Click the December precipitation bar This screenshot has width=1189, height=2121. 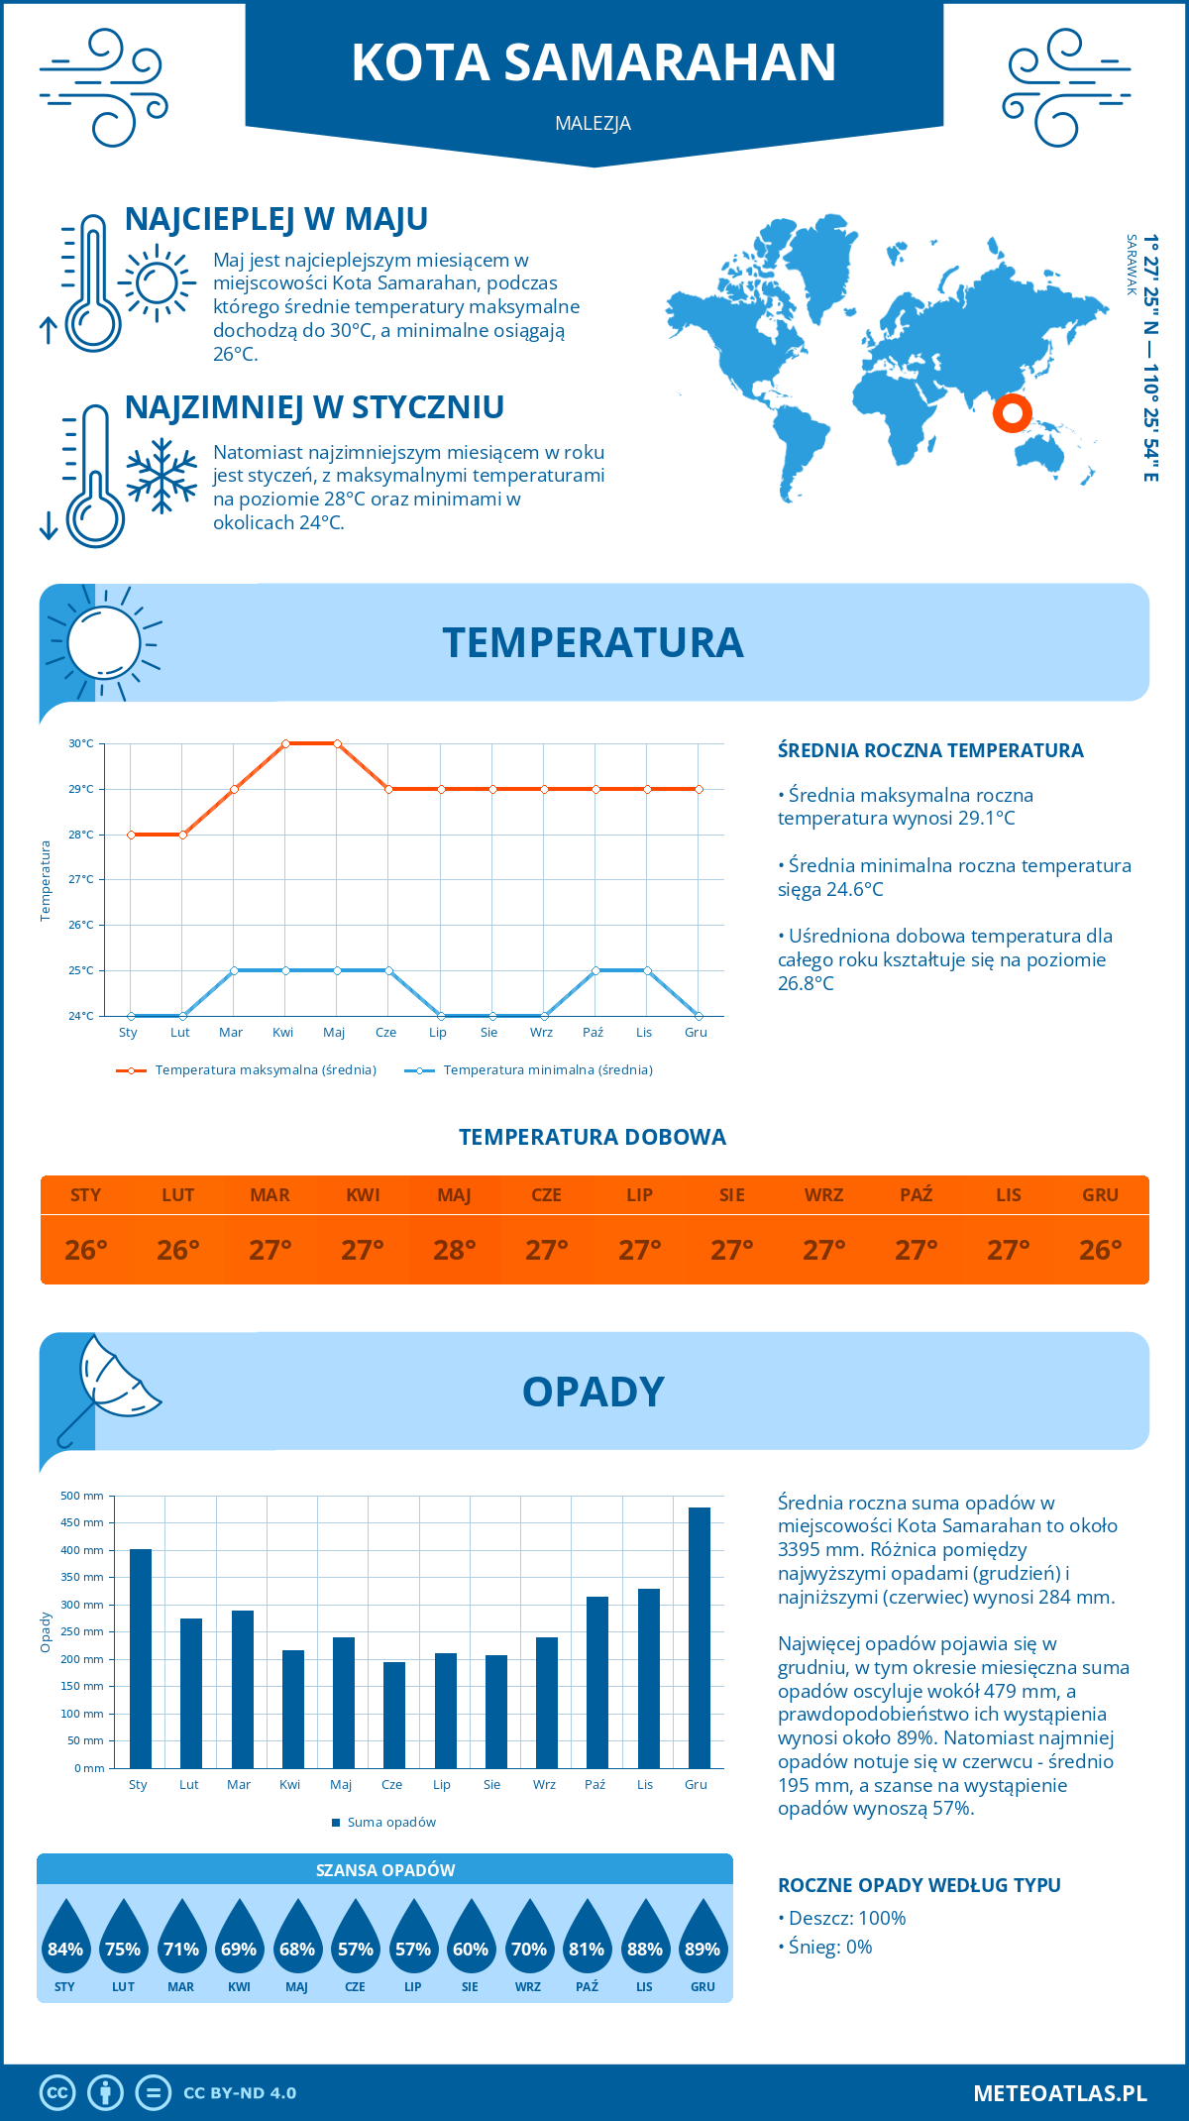(x=700, y=1637)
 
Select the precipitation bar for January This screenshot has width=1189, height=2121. (x=141, y=1658)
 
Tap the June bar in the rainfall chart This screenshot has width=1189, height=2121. (x=394, y=1715)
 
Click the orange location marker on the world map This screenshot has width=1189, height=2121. (x=1012, y=412)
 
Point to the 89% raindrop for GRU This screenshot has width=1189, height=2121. (x=703, y=1938)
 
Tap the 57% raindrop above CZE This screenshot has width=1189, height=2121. (x=355, y=1938)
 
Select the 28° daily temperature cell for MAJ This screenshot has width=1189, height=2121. (x=455, y=1250)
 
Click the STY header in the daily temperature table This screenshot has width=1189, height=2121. (x=86, y=1195)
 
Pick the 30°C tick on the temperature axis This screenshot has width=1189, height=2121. (x=81, y=743)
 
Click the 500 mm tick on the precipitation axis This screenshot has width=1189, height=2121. (x=82, y=1496)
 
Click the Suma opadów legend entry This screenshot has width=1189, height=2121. (x=391, y=1823)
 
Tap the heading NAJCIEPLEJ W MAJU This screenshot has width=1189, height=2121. (x=276, y=219)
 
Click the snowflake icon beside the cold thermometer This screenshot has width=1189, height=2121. (x=162, y=476)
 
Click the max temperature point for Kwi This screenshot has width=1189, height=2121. (x=285, y=743)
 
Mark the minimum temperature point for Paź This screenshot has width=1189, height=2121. (x=595, y=970)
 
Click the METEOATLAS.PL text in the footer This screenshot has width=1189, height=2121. (x=1059, y=2093)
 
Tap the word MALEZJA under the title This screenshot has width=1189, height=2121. (x=594, y=124)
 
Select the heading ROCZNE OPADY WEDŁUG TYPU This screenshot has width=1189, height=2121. (x=919, y=1885)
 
